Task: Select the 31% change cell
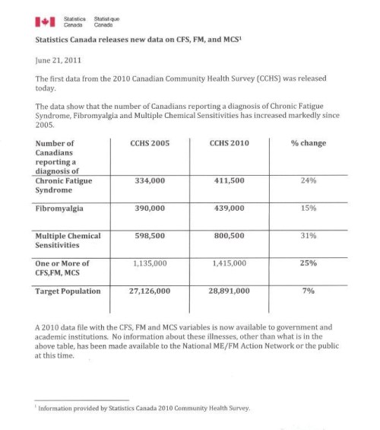click(x=307, y=236)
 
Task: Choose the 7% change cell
click(x=307, y=291)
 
